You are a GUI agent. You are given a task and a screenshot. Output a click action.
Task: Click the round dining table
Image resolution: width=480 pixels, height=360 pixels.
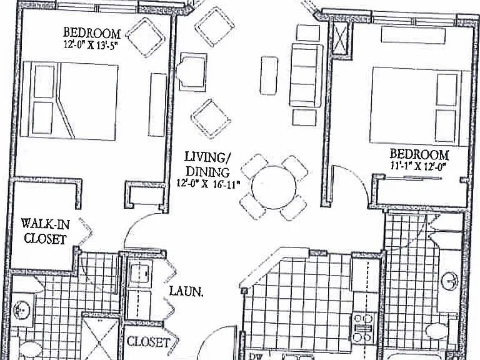pyautogui.click(x=274, y=187)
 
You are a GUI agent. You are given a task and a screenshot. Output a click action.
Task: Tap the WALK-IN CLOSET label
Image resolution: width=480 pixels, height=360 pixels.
pyautogui.click(x=45, y=231)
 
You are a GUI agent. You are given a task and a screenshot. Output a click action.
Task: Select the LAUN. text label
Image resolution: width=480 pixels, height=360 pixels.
pyautogui.click(x=186, y=291)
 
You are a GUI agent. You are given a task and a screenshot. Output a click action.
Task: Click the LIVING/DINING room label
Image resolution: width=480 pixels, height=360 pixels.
pyautogui.click(x=207, y=165)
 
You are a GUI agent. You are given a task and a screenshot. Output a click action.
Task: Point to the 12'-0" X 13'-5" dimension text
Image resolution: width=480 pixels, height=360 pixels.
pyautogui.click(x=91, y=44)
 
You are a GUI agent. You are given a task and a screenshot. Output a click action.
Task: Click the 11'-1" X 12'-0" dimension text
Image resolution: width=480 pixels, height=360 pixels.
pyautogui.click(x=417, y=166)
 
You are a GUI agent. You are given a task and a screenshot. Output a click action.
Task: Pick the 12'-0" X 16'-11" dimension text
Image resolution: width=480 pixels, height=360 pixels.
pyautogui.click(x=207, y=184)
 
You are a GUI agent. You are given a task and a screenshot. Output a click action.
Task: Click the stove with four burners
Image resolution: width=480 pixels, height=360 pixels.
pyautogui.click(x=363, y=328)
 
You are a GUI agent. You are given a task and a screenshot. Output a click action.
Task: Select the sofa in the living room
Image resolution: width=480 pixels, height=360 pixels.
pyautogui.click(x=306, y=76)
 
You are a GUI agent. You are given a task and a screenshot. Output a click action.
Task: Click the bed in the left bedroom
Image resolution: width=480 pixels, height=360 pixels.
pyautogui.click(x=69, y=101)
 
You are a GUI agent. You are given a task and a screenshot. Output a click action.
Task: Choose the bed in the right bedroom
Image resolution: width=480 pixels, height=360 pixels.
pyautogui.click(x=419, y=106)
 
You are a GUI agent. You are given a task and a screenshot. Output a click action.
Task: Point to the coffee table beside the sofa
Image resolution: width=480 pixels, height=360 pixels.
pyautogui.click(x=269, y=76)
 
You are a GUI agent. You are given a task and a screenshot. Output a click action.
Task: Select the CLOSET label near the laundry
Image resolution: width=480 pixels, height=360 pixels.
pyautogui.click(x=148, y=342)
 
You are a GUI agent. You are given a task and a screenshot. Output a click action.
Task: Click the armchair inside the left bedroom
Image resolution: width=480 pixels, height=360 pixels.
pyautogui.click(x=146, y=37)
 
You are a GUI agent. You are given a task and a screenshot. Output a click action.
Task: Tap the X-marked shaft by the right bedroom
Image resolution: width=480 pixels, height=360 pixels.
pyautogui.click(x=340, y=38)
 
